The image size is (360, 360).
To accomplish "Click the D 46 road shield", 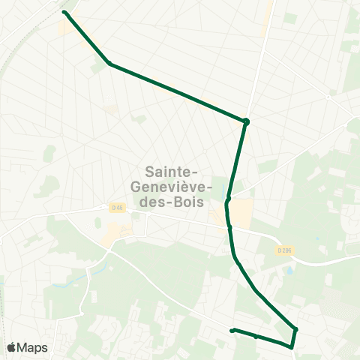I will coord(116,208).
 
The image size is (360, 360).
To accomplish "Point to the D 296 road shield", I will coord(283,250).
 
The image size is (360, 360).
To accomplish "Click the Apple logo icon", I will coord(12,347).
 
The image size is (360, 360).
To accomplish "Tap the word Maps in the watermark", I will coord(33,347).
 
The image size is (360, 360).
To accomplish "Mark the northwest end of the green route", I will coord(64,13).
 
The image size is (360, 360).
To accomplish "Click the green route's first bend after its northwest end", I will coord(109,63).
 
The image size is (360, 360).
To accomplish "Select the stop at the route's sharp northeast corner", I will coord(246,121).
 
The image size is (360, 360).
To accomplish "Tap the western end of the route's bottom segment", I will coord(232,330).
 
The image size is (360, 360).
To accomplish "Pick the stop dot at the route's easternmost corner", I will coord(295,329).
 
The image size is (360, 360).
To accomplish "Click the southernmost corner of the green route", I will coord(291,346).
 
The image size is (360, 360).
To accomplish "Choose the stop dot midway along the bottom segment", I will coord(256,337).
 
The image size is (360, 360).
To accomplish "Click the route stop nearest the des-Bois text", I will coord(227,199).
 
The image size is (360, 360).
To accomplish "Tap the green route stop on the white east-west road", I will coord(229,226).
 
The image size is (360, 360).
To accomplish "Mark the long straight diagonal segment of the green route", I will coord(178,91).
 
